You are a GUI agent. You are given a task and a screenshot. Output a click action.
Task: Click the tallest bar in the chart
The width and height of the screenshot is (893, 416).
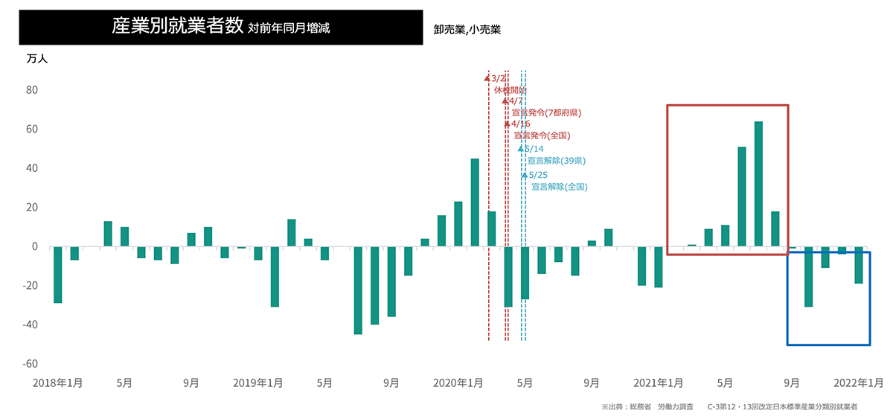coord(758,184)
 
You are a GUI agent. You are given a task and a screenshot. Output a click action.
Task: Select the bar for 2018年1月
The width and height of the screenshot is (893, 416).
coord(57,275)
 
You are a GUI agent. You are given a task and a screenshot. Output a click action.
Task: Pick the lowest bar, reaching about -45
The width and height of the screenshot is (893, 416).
coord(358,290)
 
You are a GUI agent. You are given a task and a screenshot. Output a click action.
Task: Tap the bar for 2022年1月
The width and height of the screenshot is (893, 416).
coord(859,265)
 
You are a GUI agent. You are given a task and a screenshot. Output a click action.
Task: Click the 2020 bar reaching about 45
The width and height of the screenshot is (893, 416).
coord(475,202)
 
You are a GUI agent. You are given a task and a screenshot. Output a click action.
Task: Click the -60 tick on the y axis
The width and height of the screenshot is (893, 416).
coord(31,364)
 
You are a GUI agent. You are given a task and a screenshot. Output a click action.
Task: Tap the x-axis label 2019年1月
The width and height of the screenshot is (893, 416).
coord(258,383)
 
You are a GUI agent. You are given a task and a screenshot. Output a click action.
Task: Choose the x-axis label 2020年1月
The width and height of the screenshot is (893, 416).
coord(458,383)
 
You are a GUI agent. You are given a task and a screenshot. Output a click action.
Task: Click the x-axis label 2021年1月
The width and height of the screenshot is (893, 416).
coord(659,383)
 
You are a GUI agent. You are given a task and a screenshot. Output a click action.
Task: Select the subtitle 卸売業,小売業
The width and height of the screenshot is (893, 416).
coord(467,30)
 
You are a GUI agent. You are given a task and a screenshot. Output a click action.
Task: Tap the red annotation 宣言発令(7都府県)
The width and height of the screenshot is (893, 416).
coord(546,112)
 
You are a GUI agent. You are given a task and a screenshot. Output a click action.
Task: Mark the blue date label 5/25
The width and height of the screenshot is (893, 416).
coord(537,175)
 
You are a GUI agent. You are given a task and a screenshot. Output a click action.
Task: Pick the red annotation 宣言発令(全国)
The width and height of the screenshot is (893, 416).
coord(542,135)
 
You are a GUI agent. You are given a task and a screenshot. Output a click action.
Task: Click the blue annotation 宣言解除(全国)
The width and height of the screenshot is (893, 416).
coord(559,187)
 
